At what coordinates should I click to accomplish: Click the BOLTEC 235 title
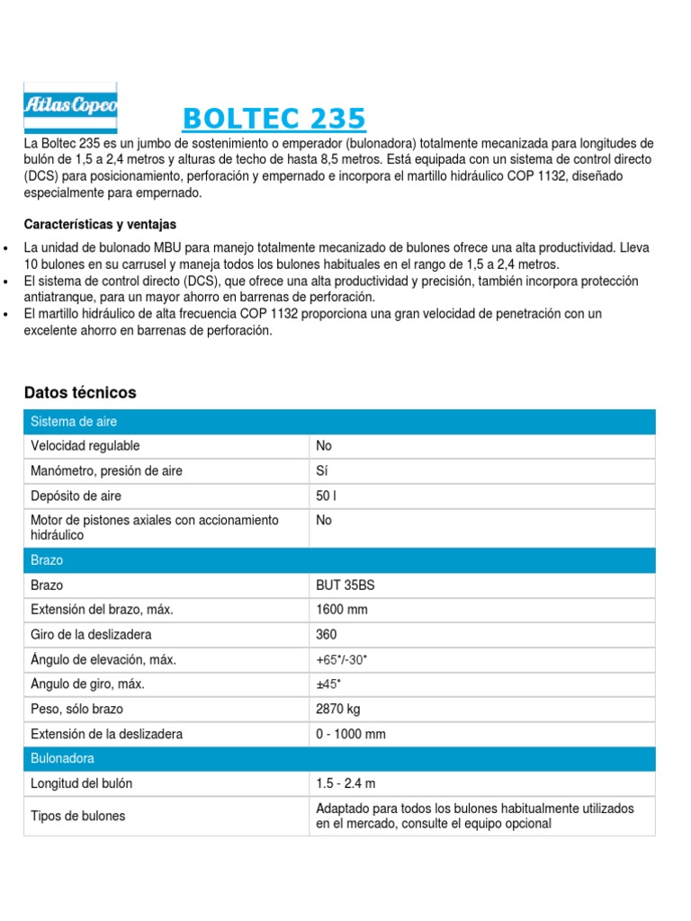coord(274,119)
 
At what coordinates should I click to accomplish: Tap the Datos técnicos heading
coord(80,393)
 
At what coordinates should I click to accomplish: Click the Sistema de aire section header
coord(74,422)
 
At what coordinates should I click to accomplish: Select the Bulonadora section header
coord(62,758)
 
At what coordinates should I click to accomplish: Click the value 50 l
coord(327,496)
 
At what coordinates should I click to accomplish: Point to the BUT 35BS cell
coord(345,586)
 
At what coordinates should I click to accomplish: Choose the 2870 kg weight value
coord(338,710)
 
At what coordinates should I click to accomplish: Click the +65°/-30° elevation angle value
coord(342,660)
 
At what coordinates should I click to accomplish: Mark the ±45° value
coord(328,684)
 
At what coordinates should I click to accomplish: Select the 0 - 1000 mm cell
coord(351,734)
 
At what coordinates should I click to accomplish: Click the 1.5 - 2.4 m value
coord(345,783)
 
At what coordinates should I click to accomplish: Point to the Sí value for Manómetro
coord(322,471)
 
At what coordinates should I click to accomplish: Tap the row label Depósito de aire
coord(76,496)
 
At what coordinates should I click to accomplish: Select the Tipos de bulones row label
coord(78,816)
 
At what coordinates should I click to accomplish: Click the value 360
coord(327,635)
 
